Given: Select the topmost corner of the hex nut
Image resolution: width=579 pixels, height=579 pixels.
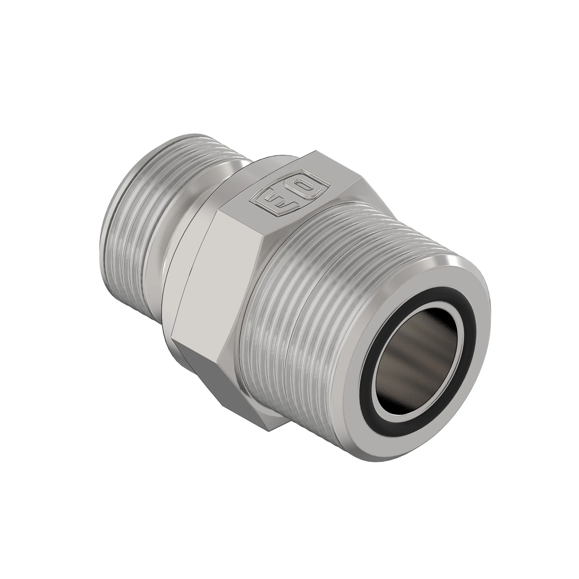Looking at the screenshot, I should pos(309,153).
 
